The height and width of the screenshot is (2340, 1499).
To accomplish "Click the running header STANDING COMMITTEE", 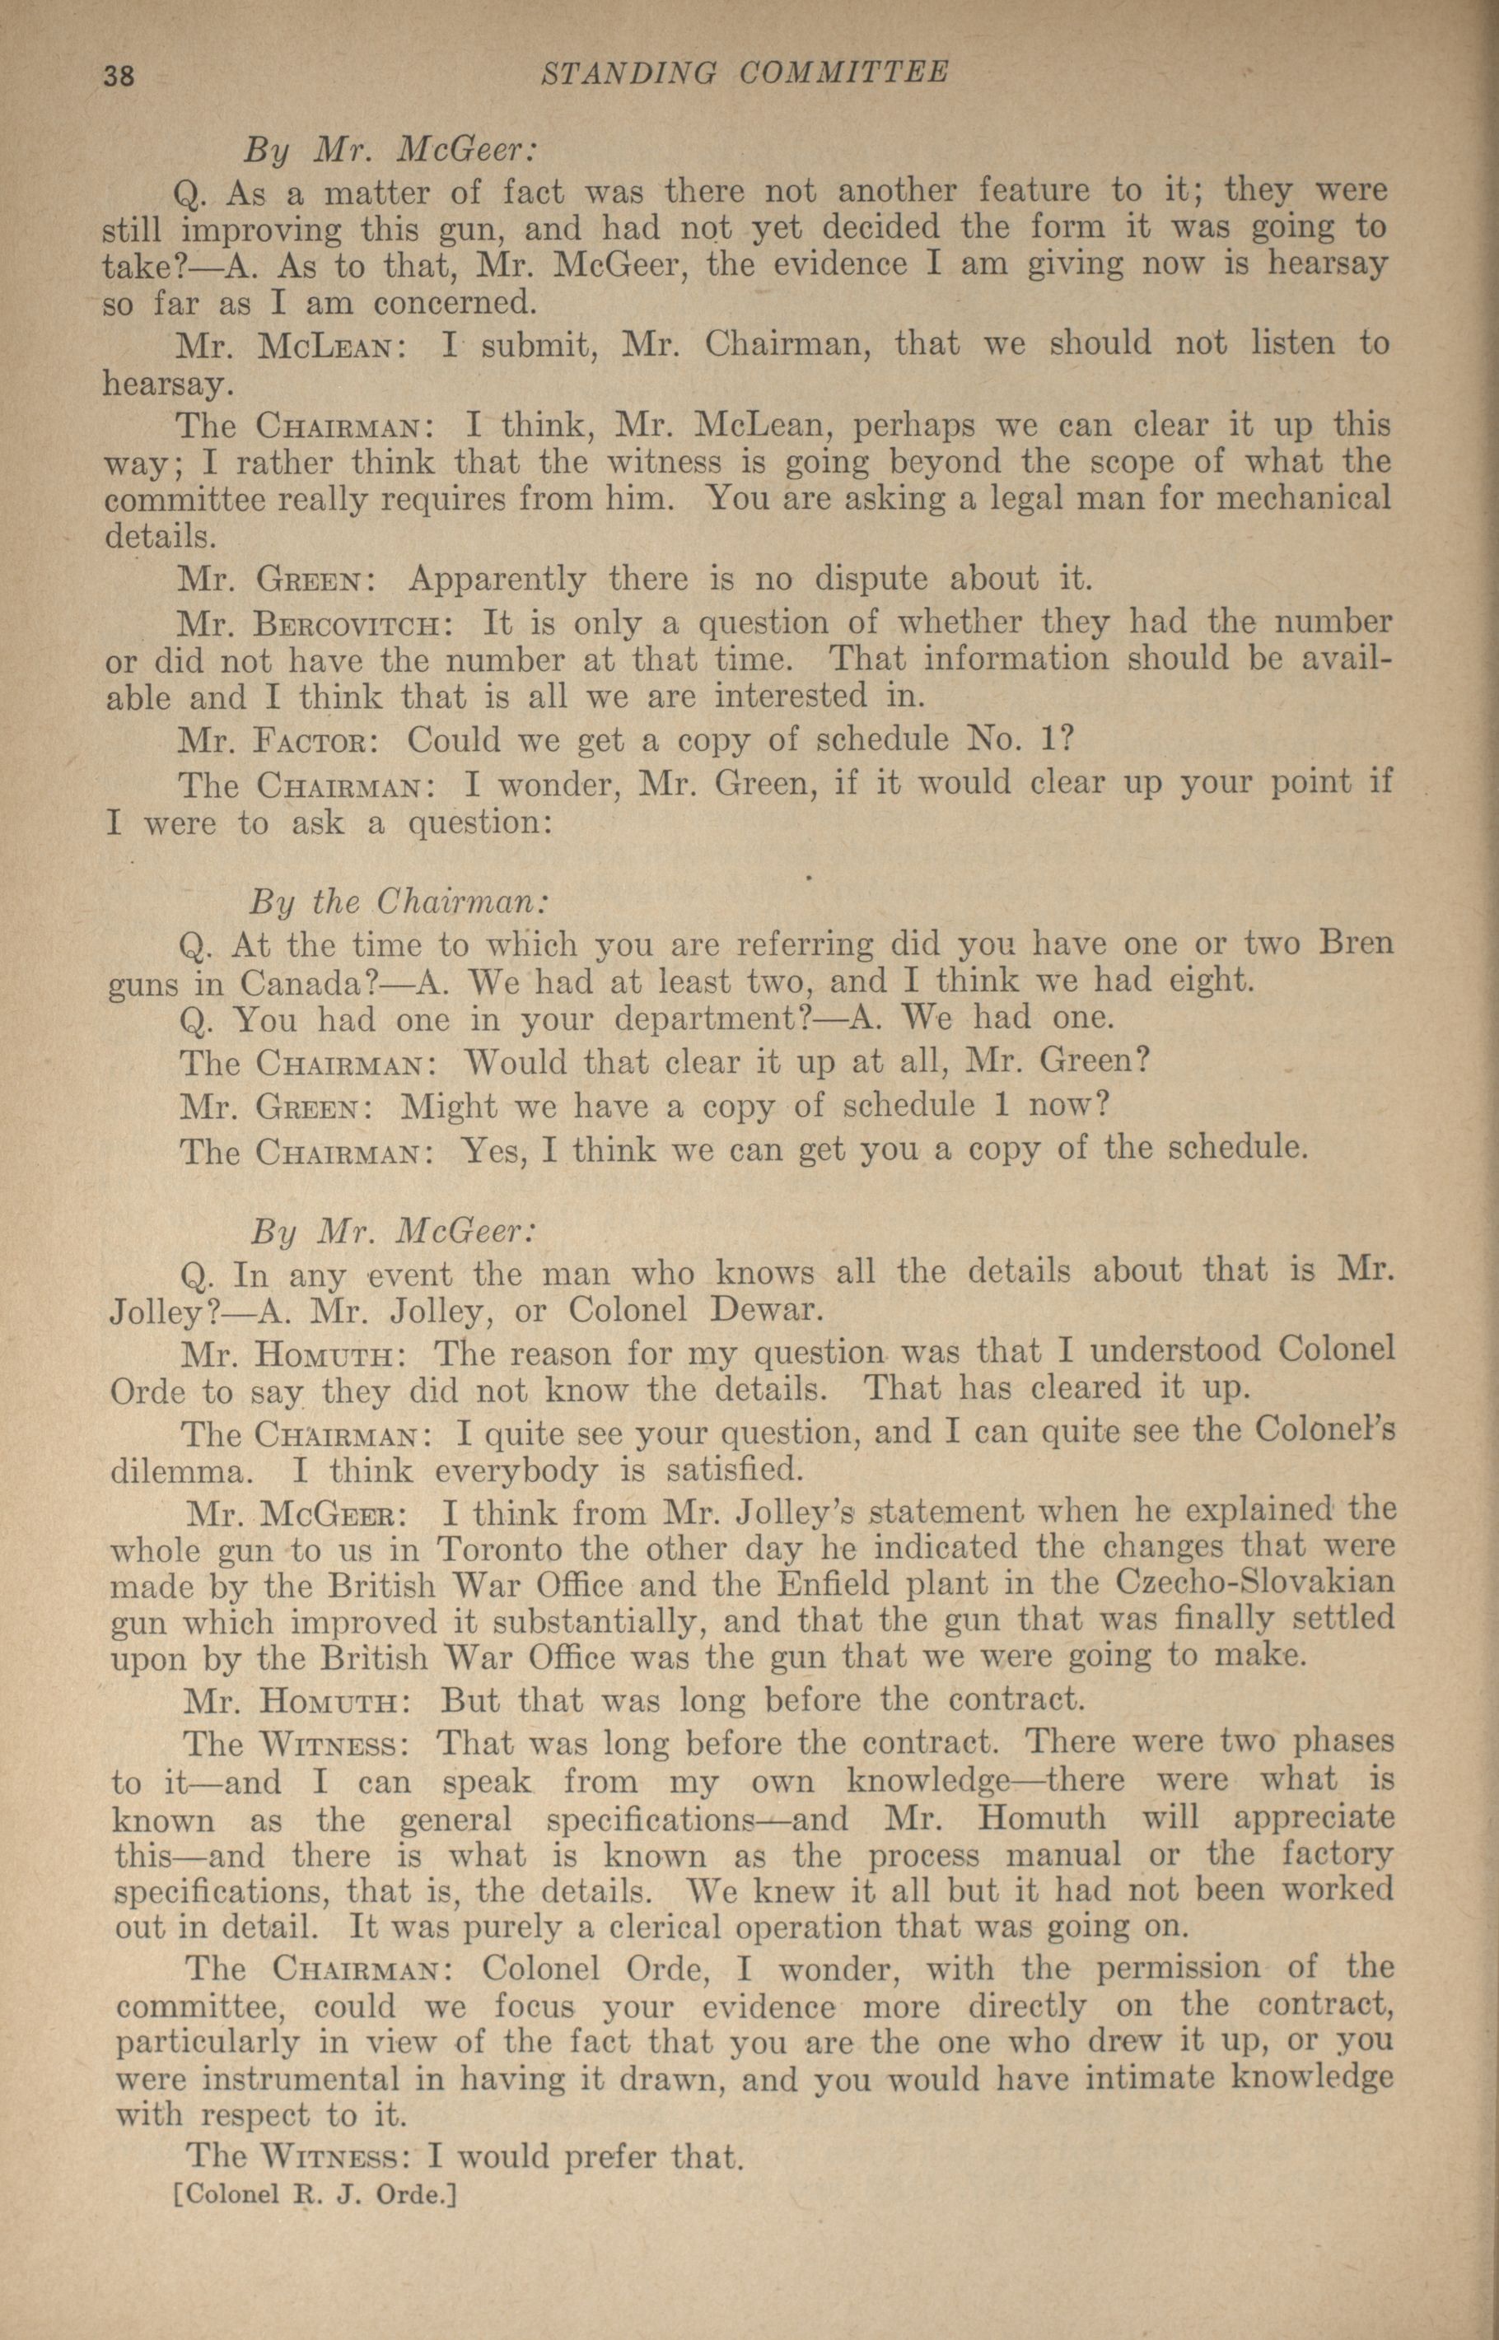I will [745, 73].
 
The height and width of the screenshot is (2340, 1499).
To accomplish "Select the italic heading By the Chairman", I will [399, 901].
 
